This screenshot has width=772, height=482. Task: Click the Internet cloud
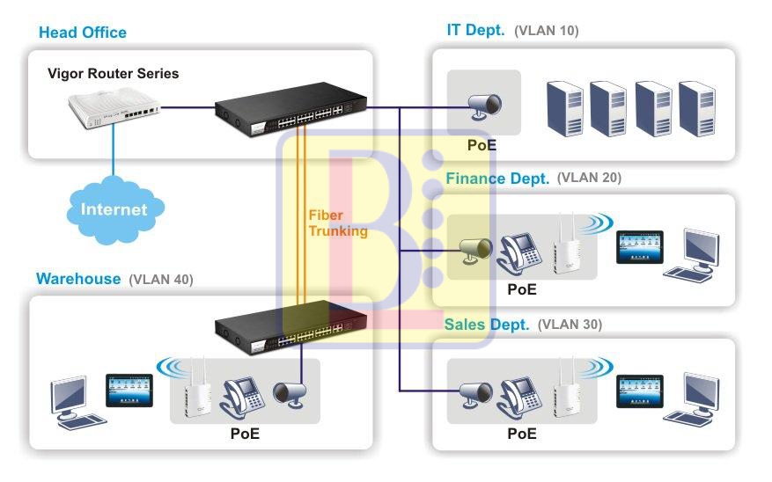click(x=114, y=208)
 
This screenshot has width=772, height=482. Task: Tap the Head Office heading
click(x=83, y=33)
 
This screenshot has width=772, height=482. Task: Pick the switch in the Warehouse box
click(x=290, y=326)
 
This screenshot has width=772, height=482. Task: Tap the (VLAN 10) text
click(x=547, y=31)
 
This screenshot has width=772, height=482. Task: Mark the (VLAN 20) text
click(x=589, y=178)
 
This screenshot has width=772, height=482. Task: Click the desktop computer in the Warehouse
click(x=71, y=400)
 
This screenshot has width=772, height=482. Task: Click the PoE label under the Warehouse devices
click(x=245, y=434)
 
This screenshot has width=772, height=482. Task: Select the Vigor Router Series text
click(x=113, y=74)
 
